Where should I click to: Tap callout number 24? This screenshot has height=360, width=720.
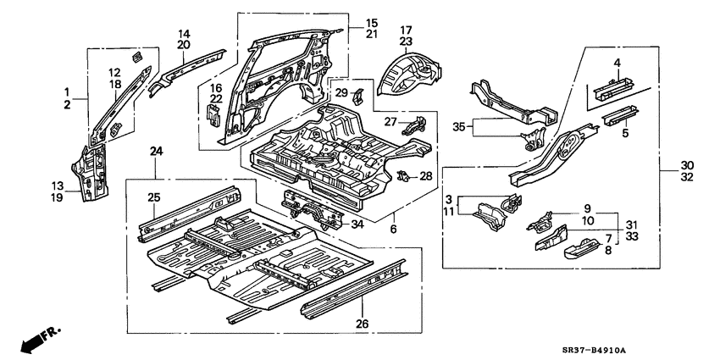coord(156,152)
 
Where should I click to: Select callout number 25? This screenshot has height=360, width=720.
coord(154,197)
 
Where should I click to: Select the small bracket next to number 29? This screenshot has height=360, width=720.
coord(357,95)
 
